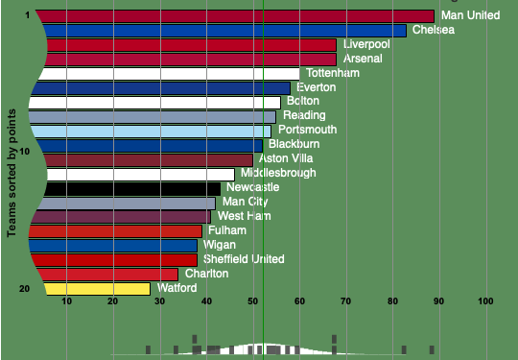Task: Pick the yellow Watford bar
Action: click(97, 289)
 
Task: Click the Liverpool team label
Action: click(366, 44)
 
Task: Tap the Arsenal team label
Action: click(363, 59)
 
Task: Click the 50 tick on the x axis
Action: click(253, 301)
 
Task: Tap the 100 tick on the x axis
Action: click(485, 301)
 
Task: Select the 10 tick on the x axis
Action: click(66, 301)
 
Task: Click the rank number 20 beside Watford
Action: click(25, 289)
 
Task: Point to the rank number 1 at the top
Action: click(28, 15)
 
